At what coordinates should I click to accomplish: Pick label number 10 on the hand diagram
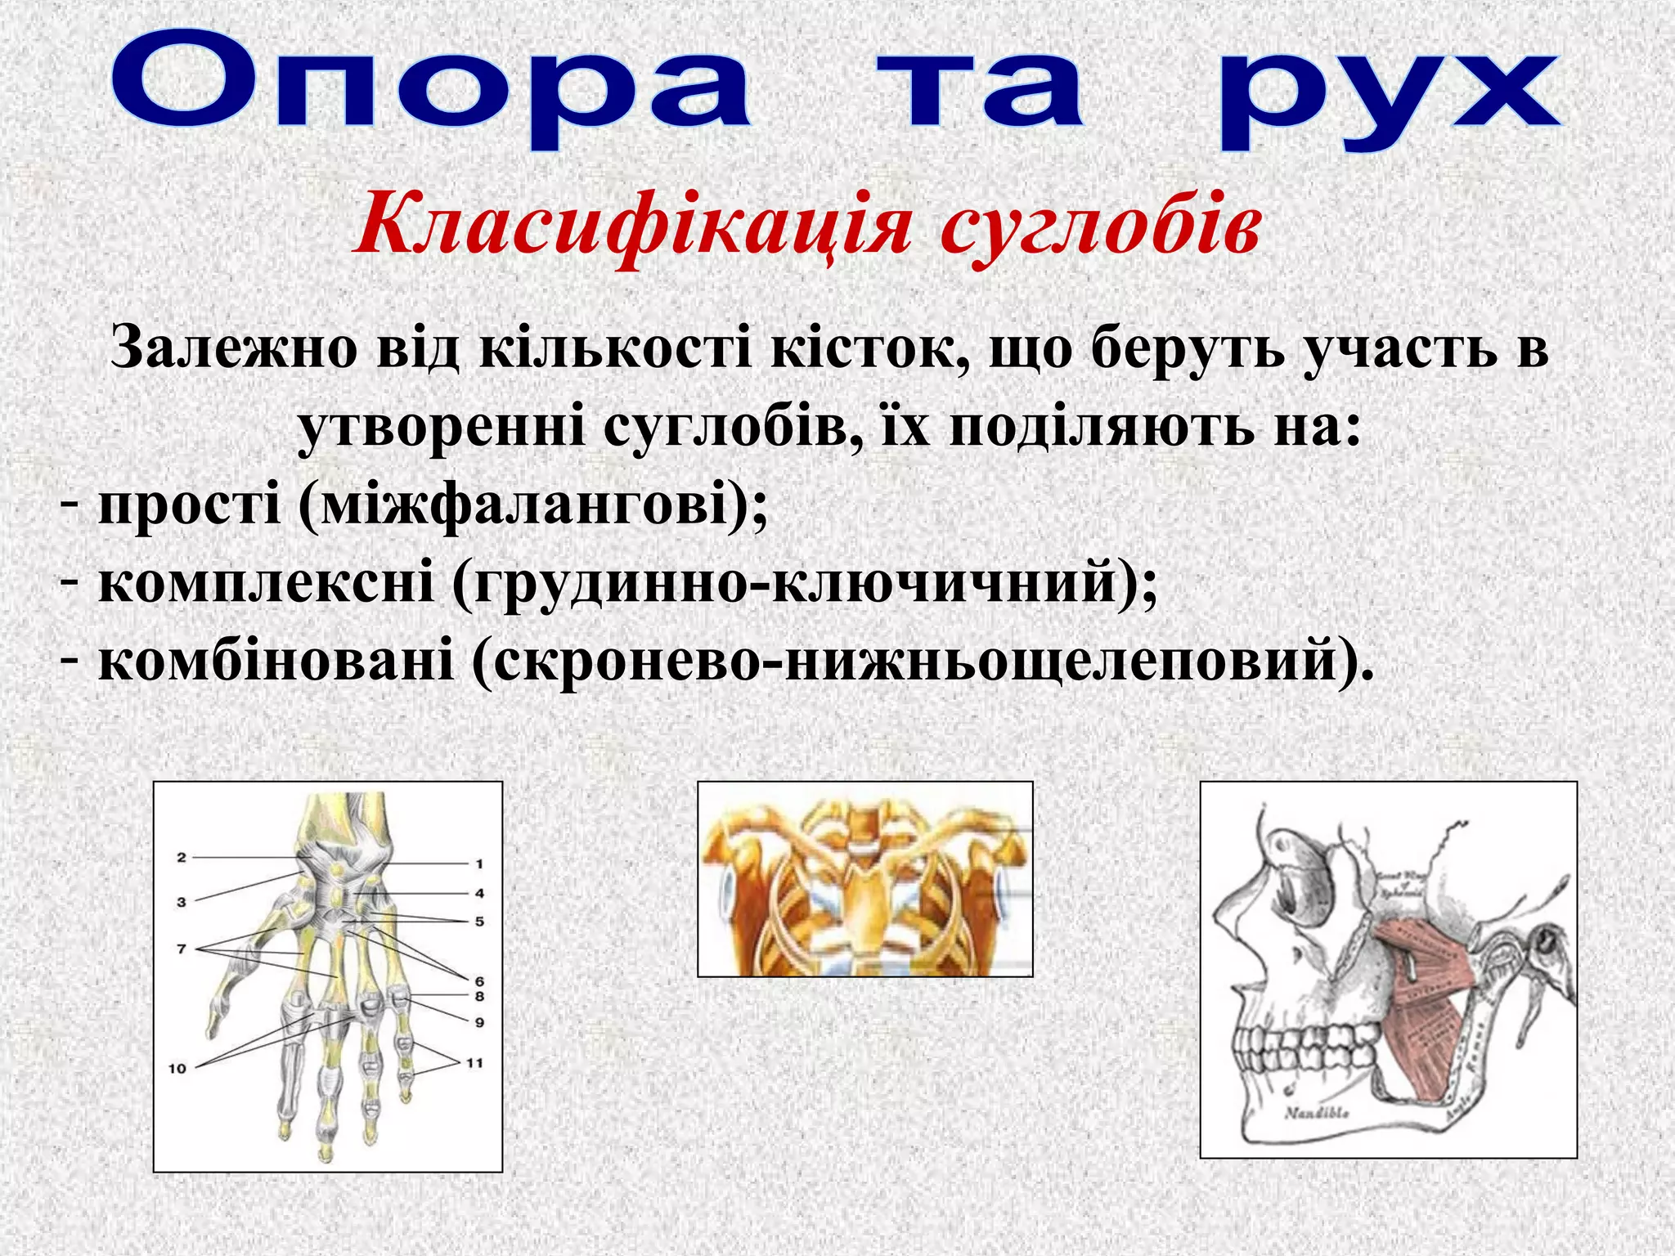[x=177, y=1068]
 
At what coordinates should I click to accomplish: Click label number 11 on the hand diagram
[x=474, y=1063]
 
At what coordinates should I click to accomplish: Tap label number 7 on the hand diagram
[x=182, y=949]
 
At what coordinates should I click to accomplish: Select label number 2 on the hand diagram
[x=182, y=858]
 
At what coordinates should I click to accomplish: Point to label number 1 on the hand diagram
[x=479, y=863]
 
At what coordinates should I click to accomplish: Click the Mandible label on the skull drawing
[x=1317, y=1113]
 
